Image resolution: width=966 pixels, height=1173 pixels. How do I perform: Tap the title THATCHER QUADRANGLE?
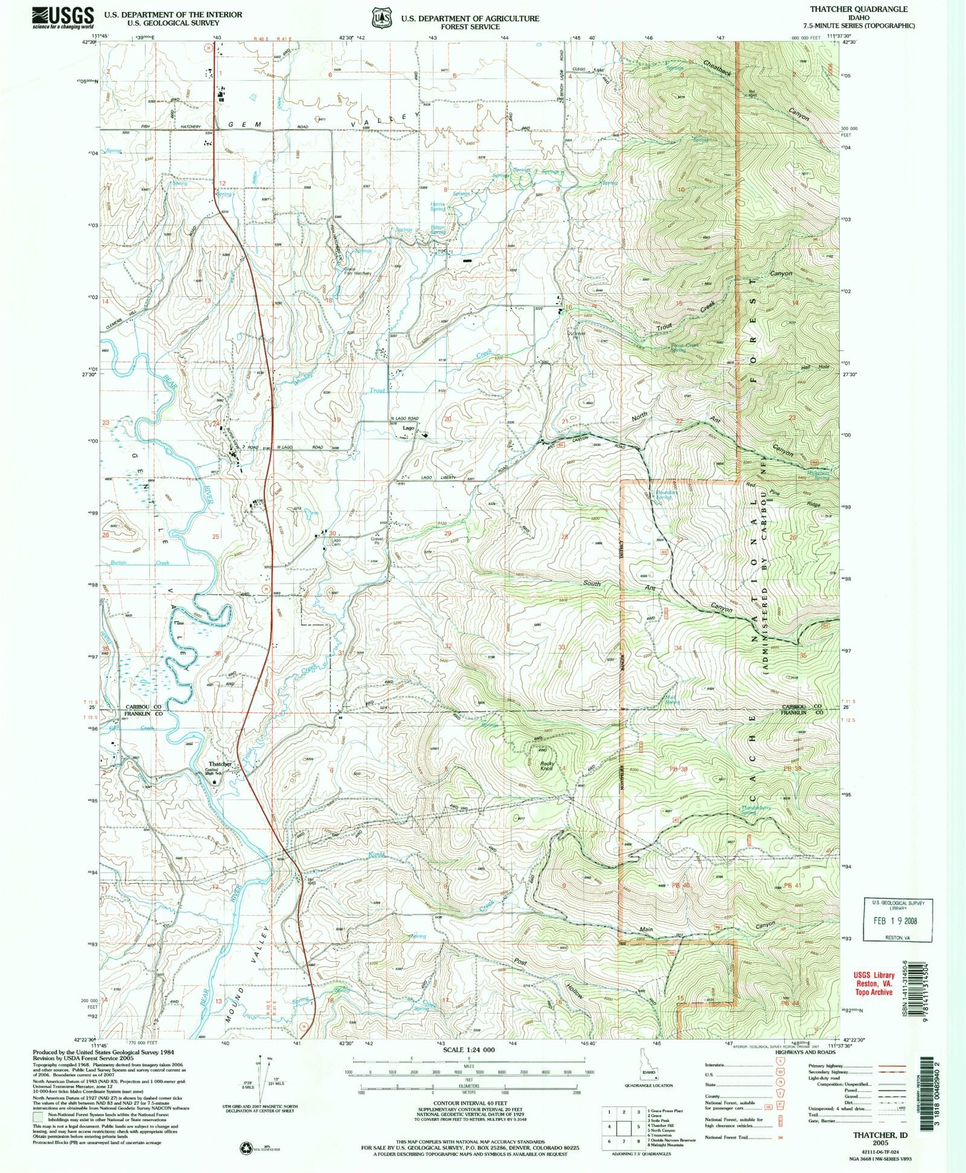[x=880, y=9]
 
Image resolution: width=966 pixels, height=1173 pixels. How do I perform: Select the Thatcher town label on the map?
[x=219, y=764]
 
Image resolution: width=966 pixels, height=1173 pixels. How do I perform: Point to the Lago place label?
[x=409, y=428]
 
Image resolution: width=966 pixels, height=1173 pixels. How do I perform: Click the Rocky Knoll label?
[x=546, y=766]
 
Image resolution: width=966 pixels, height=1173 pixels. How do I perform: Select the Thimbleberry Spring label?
[x=756, y=810]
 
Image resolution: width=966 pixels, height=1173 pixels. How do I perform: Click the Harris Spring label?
[x=438, y=206]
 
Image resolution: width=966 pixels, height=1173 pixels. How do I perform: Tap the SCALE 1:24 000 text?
[x=469, y=1050]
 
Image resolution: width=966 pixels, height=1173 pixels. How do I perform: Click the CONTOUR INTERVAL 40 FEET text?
[x=469, y=1108]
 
